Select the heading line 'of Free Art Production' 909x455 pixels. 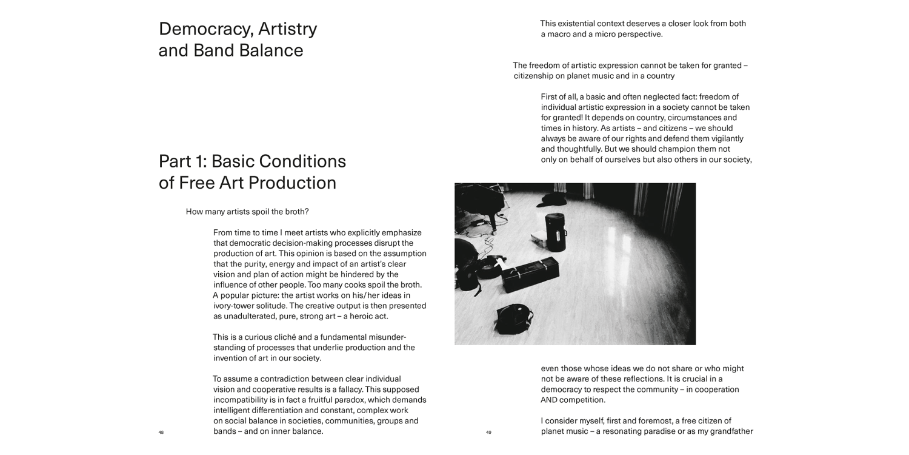coord(247,183)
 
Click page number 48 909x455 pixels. coord(161,433)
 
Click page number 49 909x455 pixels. coord(488,433)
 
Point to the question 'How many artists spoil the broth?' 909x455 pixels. coord(247,212)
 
